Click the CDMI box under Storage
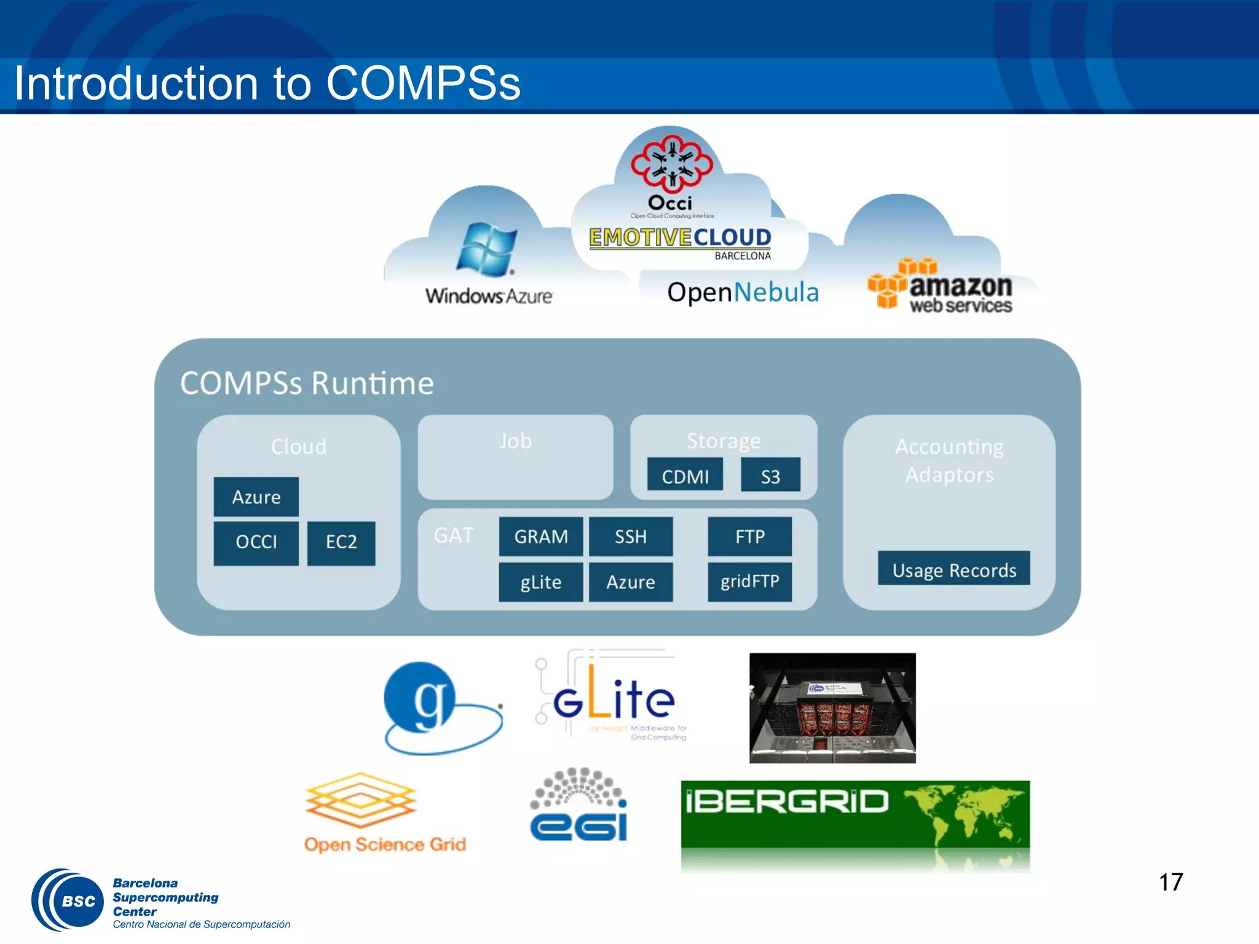[685, 476]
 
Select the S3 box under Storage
[770, 476]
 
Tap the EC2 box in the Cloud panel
[341, 543]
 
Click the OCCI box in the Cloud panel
[256, 543]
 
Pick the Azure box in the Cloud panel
[256, 497]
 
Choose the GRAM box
[540, 537]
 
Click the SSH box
[631, 537]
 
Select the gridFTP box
[749, 581]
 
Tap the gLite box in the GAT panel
[540, 581]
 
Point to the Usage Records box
[953, 569]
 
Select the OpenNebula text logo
[743, 293]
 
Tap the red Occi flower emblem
[671, 163]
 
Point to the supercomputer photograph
[832, 708]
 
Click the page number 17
[1170, 883]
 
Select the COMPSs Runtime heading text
[307, 383]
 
